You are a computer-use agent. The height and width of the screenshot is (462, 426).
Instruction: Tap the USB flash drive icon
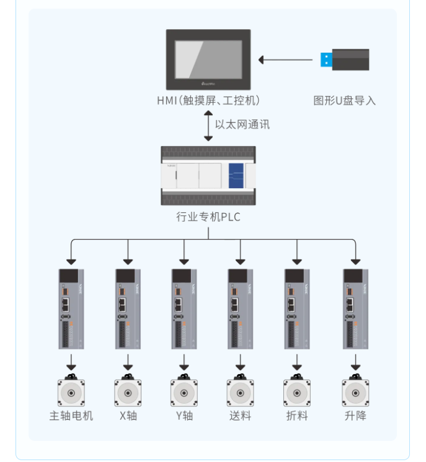coord(345,59)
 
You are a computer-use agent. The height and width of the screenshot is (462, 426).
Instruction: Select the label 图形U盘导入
coord(345,100)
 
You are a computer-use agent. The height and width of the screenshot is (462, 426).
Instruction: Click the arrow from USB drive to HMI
coord(285,60)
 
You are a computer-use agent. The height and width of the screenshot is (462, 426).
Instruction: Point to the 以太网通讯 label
coord(242,124)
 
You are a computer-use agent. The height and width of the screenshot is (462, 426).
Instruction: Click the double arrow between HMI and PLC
coord(208,125)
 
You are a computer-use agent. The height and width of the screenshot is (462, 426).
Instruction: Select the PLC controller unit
coord(208,176)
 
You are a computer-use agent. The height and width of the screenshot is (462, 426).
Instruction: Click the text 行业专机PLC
coord(208,217)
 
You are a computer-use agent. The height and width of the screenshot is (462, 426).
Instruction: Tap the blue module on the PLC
coord(236,176)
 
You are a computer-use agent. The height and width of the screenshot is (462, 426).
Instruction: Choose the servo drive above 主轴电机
coord(71,308)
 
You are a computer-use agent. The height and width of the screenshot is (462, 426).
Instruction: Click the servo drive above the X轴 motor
coord(128,308)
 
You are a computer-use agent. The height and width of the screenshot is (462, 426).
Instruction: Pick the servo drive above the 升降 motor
coord(355,308)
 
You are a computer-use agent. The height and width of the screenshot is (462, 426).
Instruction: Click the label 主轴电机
coord(71,416)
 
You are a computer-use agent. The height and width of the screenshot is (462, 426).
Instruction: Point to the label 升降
coord(355,416)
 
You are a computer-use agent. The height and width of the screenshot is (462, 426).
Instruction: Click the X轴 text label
coord(128,416)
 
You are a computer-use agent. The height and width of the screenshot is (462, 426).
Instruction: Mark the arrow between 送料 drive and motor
coord(240,360)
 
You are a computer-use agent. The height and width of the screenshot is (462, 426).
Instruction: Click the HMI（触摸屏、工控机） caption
coord(208,100)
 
